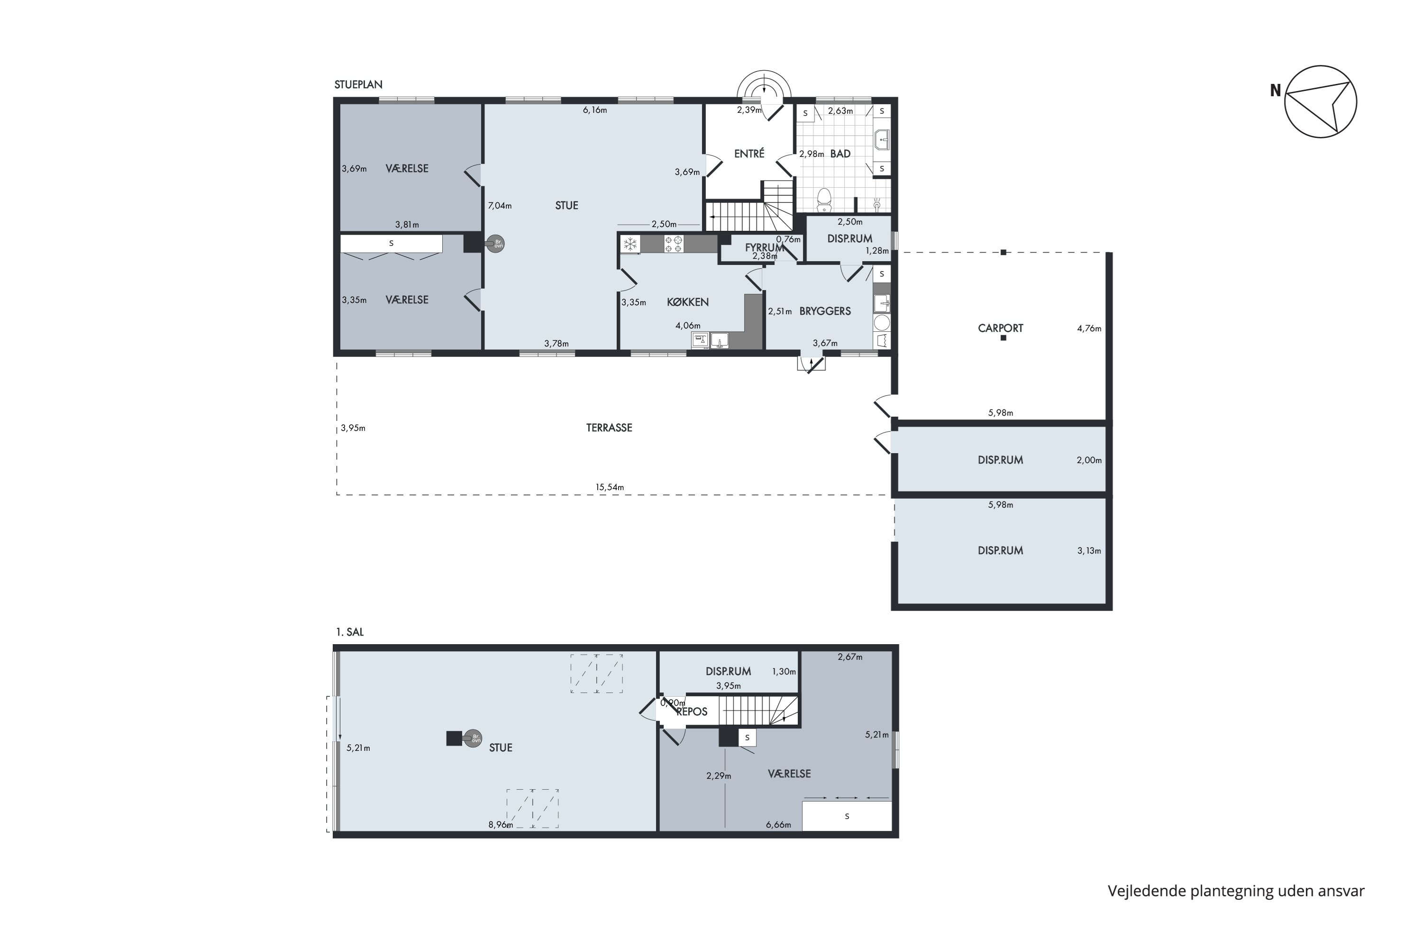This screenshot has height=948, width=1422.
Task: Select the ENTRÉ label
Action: click(x=749, y=154)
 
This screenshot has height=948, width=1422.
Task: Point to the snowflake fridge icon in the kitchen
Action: click(x=630, y=244)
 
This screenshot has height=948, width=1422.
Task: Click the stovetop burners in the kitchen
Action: click(x=674, y=244)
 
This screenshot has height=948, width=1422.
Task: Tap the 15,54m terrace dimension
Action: click(x=610, y=487)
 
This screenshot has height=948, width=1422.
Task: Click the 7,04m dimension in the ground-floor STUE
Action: click(x=500, y=206)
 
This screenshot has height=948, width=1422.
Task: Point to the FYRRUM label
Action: click(x=764, y=247)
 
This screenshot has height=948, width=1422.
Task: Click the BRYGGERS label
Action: click(x=825, y=311)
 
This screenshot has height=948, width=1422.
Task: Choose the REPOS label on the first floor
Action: click(x=692, y=711)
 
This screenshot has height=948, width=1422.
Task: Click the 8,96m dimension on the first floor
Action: click(x=501, y=825)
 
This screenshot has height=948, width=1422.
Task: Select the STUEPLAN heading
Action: click(x=358, y=85)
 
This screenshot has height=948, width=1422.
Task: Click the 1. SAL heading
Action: click(x=350, y=632)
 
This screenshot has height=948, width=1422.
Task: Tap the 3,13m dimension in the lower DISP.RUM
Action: click(x=1089, y=551)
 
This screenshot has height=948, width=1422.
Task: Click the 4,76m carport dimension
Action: click(x=1089, y=329)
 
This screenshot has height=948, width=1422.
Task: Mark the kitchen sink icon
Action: click(x=720, y=341)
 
